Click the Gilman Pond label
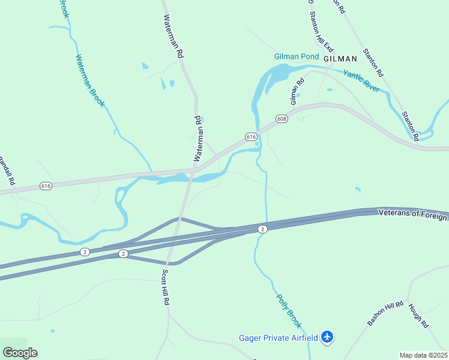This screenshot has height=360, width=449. (x=297, y=57)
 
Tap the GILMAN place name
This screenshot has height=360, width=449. (x=340, y=59)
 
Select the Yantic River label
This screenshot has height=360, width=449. (x=361, y=80)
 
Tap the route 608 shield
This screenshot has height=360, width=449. (x=282, y=119)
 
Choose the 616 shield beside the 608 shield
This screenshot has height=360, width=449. (x=252, y=137)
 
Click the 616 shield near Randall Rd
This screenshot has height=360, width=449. (x=46, y=186)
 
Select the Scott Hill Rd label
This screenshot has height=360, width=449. (x=166, y=287)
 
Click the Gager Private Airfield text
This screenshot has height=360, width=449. (x=278, y=338)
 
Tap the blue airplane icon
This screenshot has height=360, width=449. (x=327, y=338)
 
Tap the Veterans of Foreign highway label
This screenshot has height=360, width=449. (x=413, y=214)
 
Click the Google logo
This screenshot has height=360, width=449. (x=20, y=352)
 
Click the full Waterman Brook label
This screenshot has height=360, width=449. (x=90, y=81)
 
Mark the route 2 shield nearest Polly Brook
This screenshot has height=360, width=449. (x=262, y=229)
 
